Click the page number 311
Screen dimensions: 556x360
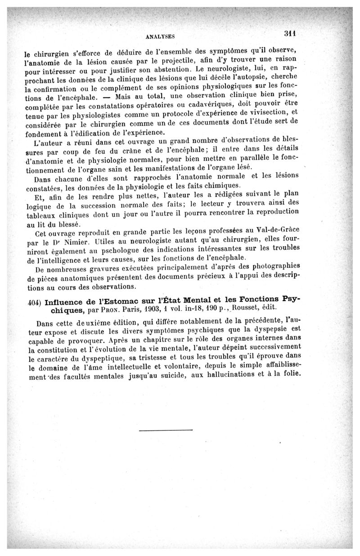(292, 33)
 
